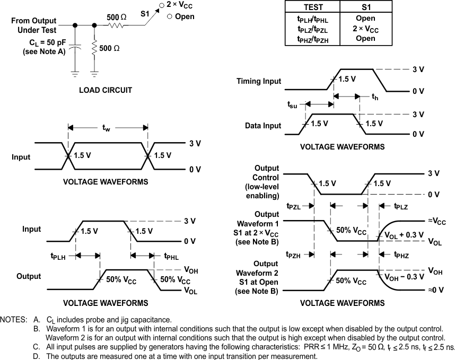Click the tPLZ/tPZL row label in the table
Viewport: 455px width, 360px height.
312,29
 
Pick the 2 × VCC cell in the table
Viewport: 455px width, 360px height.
366,29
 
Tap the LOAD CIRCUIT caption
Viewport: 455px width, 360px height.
106,90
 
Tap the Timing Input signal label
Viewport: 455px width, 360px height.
259,82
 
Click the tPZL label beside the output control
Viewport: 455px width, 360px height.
295,206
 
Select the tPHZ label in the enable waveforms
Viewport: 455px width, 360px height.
404,255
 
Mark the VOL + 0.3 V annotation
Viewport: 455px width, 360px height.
404,234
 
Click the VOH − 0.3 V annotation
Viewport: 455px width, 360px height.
404,276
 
